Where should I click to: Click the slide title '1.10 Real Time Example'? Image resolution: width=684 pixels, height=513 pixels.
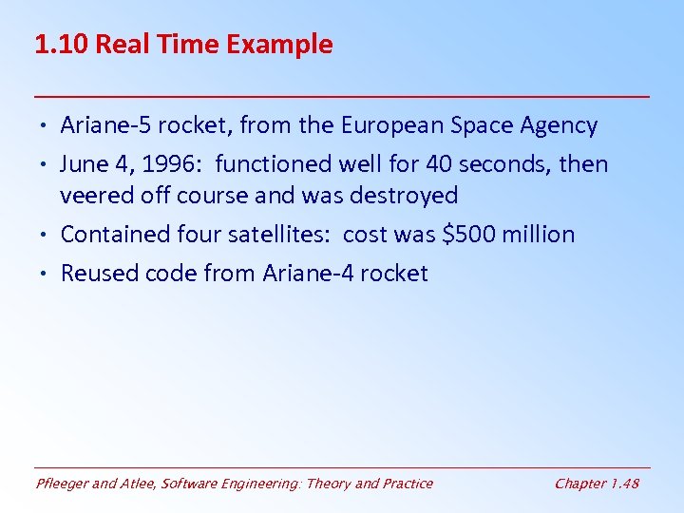pos(183,45)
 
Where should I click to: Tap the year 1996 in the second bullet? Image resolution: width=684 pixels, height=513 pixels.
pos(172,164)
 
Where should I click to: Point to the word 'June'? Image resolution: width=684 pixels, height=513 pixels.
pos(84,164)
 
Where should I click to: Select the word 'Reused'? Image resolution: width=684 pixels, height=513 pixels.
pos(98,274)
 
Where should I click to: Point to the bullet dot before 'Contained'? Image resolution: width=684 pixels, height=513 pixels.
pos(47,235)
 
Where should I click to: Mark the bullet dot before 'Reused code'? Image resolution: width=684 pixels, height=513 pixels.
pos(47,274)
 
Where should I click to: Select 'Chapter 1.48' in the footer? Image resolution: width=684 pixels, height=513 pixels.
pos(597,484)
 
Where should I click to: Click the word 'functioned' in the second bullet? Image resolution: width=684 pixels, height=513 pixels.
pos(273,164)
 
